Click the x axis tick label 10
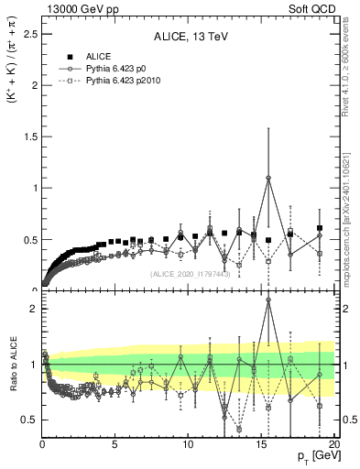[x=187, y=444]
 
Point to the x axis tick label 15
[x=259, y=444]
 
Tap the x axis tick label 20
[x=333, y=444]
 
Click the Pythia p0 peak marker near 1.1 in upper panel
[x=267, y=178]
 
